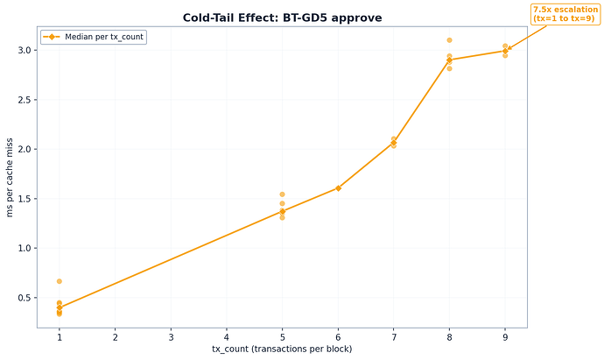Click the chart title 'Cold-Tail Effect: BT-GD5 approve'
pyautogui.click(x=282, y=18)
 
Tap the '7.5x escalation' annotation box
pyautogui.click(x=565, y=14)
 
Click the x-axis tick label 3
pyautogui.click(x=171, y=336)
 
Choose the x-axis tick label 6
pyautogui.click(x=338, y=336)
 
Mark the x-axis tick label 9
pyautogui.click(x=505, y=336)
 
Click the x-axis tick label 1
pyautogui.click(x=60, y=336)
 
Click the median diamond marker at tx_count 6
pyautogui.click(x=338, y=188)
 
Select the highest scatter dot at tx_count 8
pyautogui.click(x=449, y=40)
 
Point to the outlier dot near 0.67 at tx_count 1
pyautogui.click(x=60, y=281)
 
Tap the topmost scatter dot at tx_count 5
pyautogui.click(x=282, y=194)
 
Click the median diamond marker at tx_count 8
pyautogui.click(x=449, y=60)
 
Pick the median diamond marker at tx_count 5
pyautogui.click(x=282, y=211)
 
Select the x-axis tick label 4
pyautogui.click(x=227, y=336)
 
